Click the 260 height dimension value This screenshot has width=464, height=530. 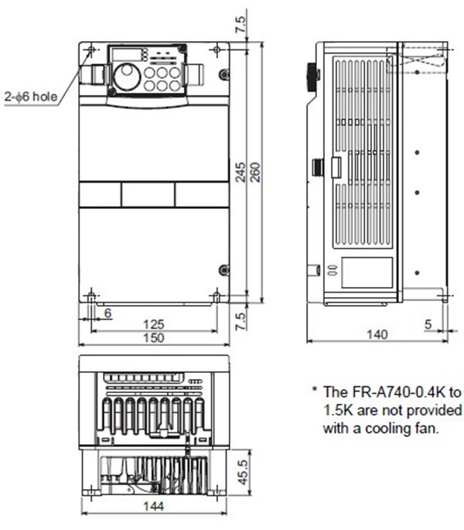coord(256,173)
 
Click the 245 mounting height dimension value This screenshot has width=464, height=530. coord(241,173)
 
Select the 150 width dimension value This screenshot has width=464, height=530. coord(154,337)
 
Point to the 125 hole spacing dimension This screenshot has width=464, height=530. coord(154,324)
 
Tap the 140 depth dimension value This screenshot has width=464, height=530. coord(377,334)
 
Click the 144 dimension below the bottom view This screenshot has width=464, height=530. coord(154,506)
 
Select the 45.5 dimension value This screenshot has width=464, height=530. coord(243,472)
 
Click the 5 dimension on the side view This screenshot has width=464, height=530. coord(428,324)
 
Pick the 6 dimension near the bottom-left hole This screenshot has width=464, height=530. coord(107,313)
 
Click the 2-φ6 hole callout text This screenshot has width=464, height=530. coord(31,97)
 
